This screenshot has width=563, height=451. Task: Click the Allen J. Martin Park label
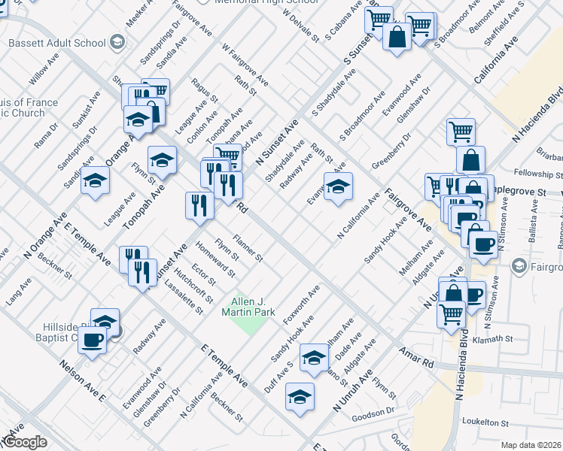[x=253, y=307]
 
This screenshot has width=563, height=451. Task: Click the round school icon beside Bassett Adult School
[x=117, y=42]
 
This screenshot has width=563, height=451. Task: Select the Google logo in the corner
[x=25, y=443]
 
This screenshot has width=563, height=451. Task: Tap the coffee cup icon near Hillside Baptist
[x=93, y=340]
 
